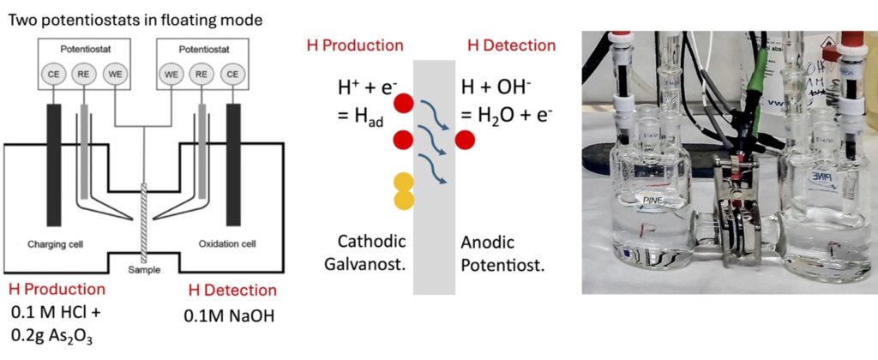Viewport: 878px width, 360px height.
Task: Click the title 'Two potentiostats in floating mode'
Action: (x=136, y=20)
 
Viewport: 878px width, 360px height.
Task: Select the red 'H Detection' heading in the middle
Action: (x=510, y=45)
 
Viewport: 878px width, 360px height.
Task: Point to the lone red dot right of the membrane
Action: (x=465, y=139)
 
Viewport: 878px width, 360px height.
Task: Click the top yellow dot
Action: (x=404, y=181)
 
